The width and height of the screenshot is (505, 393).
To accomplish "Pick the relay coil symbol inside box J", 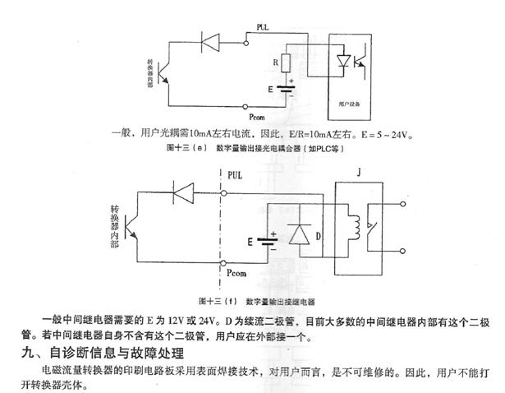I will point(356,224).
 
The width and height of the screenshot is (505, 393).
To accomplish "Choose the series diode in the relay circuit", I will point(183,191).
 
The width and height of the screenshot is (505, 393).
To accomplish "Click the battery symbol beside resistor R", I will point(287,88).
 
